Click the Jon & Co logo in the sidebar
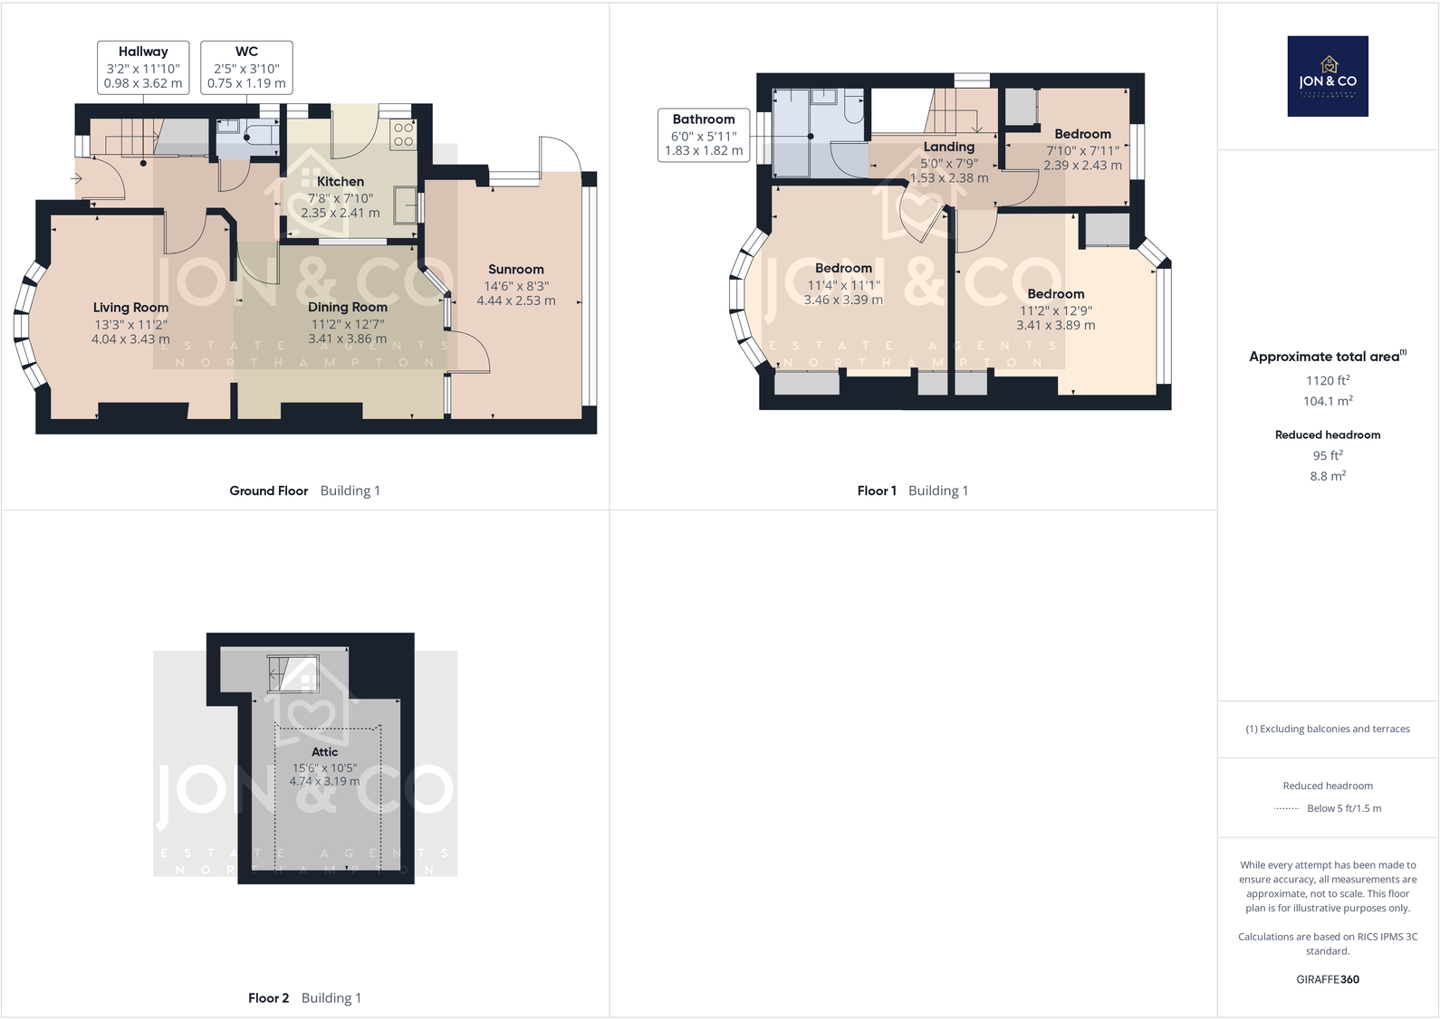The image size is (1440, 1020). [x=1328, y=76]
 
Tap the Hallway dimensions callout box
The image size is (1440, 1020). [x=143, y=67]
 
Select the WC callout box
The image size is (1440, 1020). [x=246, y=67]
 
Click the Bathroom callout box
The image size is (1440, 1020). [x=704, y=135]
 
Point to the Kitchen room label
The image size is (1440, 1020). [x=341, y=182]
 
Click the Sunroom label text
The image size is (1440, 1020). [x=516, y=270]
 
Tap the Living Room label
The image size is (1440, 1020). [x=130, y=308]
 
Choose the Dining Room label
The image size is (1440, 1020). [x=348, y=308]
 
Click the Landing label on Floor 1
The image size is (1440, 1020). [x=949, y=147]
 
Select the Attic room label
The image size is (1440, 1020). [x=324, y=752]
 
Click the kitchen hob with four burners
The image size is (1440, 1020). [x=403, y=135]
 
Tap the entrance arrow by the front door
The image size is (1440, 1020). [x=76, y=178]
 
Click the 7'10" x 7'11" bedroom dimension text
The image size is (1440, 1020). [x=1082, y=151]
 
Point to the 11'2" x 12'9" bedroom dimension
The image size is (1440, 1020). [x=1056, y=310]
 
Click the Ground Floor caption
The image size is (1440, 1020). [x=268, y=491]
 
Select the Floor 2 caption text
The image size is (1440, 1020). [x=268, y=997]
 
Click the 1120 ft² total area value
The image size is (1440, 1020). [x=1328, y=380]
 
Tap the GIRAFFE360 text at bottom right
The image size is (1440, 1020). [x=1328, y=979]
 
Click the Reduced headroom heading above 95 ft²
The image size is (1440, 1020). [x=1328, y=434]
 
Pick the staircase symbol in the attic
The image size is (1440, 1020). [x=293, y=672]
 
